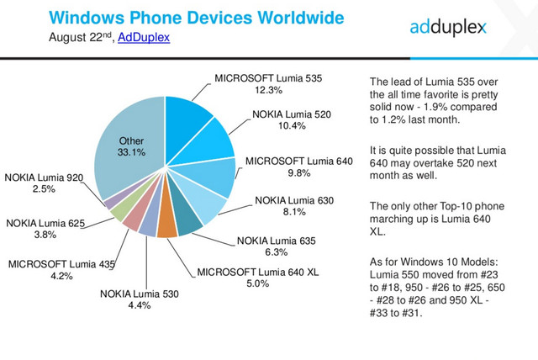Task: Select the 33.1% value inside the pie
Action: pos(132,152)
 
